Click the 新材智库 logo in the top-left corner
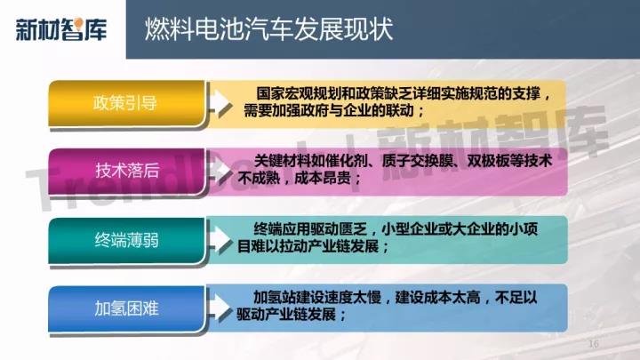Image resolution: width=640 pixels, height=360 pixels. point(61,29)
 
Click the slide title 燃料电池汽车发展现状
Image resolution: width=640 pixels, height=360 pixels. point(269,28)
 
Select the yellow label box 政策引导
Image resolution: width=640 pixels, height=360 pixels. point(126,103)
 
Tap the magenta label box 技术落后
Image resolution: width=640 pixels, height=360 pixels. point(126,171)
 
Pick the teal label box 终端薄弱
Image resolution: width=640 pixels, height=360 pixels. point(126,240)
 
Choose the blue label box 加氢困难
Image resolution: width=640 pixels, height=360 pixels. point(126,308)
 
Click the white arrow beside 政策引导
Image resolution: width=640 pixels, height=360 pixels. point(220,103)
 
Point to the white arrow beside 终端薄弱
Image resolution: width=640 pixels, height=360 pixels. point(220,240)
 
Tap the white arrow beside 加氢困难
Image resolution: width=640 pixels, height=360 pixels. point(220,308)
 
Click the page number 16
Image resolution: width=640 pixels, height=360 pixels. point(594,344)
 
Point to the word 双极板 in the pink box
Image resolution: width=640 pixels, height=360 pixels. point(488,161)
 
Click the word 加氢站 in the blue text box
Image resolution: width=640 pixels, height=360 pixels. point(275,298)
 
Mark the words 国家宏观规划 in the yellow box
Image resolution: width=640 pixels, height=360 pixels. point(299,94)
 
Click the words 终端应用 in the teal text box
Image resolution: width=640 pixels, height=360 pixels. point(282,229)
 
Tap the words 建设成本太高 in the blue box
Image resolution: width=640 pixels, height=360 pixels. point(437,298)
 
